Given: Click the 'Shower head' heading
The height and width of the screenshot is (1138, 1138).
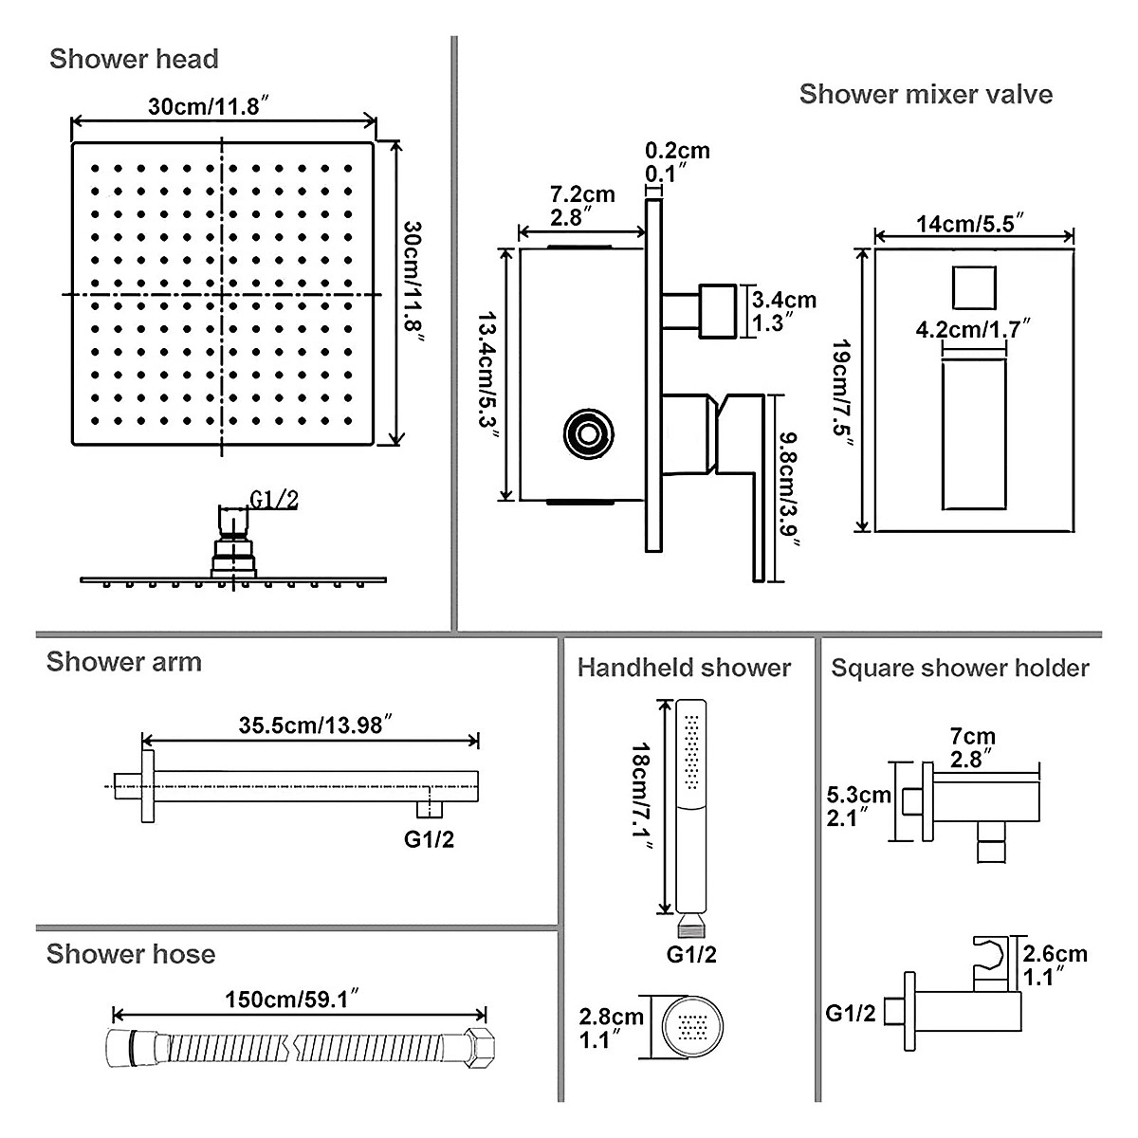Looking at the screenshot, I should click(x=134, y=59).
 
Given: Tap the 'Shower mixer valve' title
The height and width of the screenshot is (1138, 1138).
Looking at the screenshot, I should click(x=926, y=94).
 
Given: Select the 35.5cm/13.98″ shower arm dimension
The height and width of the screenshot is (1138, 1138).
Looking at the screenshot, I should click(x=310, y=725).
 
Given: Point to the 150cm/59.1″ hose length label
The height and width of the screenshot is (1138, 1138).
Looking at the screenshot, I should click(x=291, y=1000).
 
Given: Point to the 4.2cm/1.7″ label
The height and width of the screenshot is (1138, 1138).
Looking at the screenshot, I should click(x=973, y=329).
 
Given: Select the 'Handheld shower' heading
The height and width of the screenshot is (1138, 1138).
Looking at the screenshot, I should click(x=684, y=668).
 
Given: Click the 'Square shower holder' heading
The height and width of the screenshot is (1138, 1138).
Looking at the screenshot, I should click(x=960, y=668).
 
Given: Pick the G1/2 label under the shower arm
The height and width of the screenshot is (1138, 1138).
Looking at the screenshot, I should click(x=429, y=838).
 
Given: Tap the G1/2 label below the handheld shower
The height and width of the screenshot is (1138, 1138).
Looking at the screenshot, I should click(x=691, y=954).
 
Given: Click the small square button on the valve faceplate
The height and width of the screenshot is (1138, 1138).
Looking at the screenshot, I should click(x=973, y=286).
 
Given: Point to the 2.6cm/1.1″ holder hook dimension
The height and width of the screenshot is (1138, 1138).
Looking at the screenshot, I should click(x=1052, y=964).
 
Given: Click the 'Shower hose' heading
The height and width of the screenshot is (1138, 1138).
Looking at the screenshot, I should click(x=131, y=954).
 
